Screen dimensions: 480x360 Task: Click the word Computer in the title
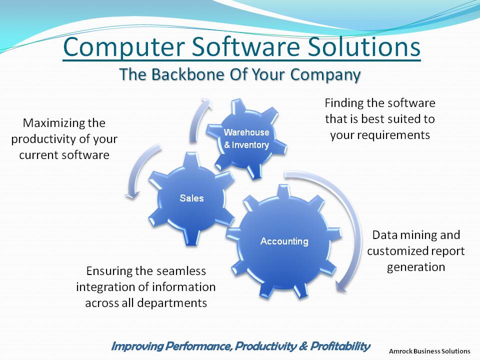tap(124, 47)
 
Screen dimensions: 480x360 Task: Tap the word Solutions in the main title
tap(364, 46)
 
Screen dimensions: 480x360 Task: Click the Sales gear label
tap(191, 198)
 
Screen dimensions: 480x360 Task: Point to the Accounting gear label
tap(284, 241)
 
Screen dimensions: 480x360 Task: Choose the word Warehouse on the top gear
tap(246, 132)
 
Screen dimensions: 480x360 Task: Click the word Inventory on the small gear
tap(250, 145)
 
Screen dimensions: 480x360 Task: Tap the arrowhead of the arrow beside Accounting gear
tap(341, 286)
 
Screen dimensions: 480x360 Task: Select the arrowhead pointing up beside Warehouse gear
tap(205, 102)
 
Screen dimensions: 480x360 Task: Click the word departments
tap(172, 303)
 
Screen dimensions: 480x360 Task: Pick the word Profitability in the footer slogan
tap(340, 346)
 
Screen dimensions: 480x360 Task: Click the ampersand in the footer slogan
tap(303, 346)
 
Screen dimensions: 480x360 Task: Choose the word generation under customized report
tap(415, 267)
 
